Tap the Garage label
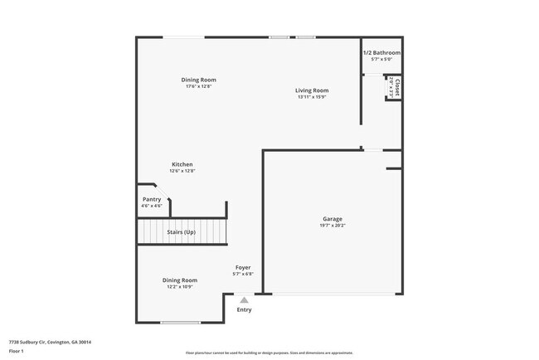(332, 219)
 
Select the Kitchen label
(182, 164)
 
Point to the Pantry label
(152, 199)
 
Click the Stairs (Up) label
(182, 232)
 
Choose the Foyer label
(243, 267)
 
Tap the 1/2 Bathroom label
(381, 53)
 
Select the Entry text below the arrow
(244, 310)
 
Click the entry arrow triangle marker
(244, 300)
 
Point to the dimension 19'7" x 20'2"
(332, 226)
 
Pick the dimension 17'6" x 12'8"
(199, 86)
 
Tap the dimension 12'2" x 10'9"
(179, 287)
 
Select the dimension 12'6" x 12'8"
(182, 171)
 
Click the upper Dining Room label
(199, 80)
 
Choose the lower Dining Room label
(179, 280)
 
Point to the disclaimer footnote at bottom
(269, 353)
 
